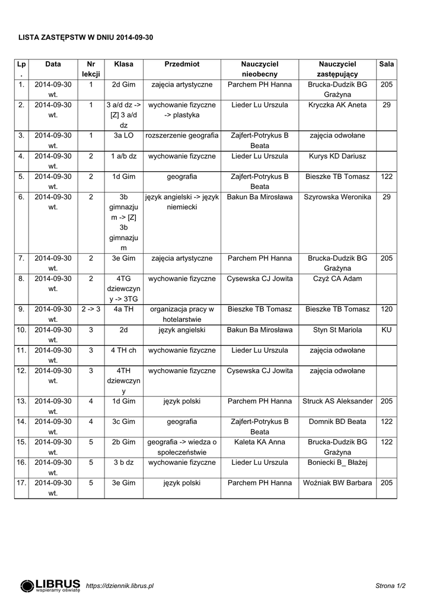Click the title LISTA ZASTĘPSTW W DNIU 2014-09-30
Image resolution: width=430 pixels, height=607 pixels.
pos(85,37)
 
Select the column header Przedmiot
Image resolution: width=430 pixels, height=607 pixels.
pos(181,64)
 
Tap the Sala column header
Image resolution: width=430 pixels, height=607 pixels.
pos(387,64)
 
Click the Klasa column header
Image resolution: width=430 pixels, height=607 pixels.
pos(123,64)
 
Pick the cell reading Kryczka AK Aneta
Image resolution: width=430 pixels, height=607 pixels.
pos(337,105)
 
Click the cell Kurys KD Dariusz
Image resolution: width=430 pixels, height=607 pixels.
pos(337,156)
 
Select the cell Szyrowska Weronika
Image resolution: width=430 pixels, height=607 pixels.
pos(337,197)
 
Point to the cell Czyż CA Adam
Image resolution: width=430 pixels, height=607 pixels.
pos(337,279)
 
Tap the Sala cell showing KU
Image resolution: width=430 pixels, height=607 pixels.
pos(387,330)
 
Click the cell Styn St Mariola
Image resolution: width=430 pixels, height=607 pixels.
pos(337,330)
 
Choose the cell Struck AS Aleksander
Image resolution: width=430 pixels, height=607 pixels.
pos(337,401)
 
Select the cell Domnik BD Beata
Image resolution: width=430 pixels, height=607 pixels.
pos(337,421)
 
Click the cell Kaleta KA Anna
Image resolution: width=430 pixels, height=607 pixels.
pos(260,442)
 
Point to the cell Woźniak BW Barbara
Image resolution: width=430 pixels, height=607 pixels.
pos(337,483)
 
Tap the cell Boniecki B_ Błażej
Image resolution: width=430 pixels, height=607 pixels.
pos(337,462)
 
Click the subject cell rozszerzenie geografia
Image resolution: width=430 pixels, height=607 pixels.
pos(181,136)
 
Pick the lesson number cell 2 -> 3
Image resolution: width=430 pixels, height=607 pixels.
pos(91,309)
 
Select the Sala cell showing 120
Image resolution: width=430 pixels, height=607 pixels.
pos(387,309)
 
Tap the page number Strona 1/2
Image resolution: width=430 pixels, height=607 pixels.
pos(390,586)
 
